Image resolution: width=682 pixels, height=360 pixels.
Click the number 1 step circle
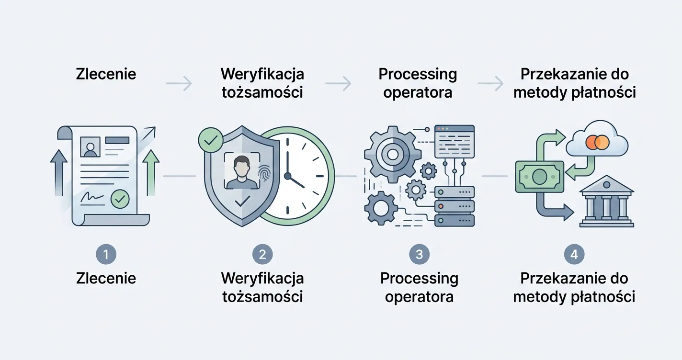coord(106,254)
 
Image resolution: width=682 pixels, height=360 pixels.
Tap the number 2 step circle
coord(262,254)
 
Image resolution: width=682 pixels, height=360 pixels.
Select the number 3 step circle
coord(419,254)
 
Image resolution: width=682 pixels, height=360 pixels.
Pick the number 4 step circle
coord(574,254)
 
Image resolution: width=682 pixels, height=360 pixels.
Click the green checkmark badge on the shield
coord(211,140)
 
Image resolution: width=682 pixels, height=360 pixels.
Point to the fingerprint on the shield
coord(264,173)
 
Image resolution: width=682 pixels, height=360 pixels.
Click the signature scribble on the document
coord(91,198)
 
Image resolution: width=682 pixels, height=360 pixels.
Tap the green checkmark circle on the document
coord(120,199)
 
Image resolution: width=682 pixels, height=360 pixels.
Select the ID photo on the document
coord(90,147)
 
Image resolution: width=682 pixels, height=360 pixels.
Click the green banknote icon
coord(539,177)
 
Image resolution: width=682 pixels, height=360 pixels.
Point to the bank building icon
coord(606,202)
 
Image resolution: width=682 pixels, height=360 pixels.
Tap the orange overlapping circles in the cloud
coord(597,142)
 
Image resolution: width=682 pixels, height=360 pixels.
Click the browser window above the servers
coord(455,142)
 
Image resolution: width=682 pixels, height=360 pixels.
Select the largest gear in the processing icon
coord(392,155)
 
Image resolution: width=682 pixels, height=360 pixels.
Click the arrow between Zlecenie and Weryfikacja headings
coord(179,83)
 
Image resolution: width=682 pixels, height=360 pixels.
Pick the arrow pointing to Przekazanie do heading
coord(490,83)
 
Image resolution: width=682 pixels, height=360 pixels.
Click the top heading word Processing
coord(418,75)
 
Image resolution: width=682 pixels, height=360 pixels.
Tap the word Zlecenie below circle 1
coord(106,278)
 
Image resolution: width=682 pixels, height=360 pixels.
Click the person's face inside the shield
coord(242,167)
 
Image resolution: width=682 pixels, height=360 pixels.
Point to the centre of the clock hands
coord(287,176)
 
